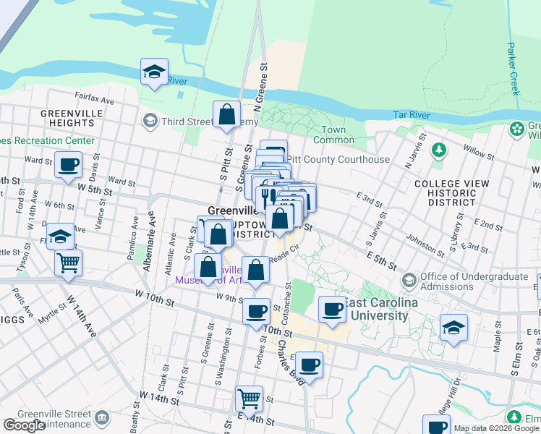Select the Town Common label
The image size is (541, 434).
(333, 135)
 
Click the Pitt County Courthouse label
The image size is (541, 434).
(338, 159)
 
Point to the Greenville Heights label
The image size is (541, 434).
(67, 118)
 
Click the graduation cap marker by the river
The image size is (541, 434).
(154, 72)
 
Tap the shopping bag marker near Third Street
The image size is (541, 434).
(226, 115)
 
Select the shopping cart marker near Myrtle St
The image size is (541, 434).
(68, 264)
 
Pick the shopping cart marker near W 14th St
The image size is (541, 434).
(249, 399)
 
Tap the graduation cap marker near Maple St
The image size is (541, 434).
(453, 329)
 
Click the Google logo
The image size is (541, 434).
(24, 425)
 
